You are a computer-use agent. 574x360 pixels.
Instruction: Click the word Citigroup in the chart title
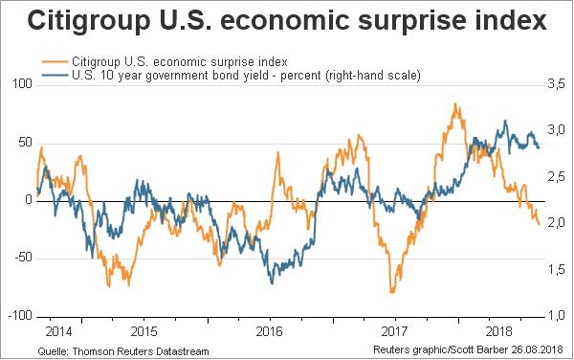(x=89, y=21)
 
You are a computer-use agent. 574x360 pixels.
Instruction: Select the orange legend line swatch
(x=55, y=61)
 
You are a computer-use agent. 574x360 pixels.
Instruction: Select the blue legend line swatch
(x=55, y=75)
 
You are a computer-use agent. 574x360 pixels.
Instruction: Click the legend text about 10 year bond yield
(x=246, y=76)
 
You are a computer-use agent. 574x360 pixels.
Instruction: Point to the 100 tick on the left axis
(x=23, y=84)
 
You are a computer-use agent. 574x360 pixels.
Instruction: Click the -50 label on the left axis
(x=24, y=258)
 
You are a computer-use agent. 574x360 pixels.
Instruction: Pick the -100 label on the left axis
(x=20, y=316)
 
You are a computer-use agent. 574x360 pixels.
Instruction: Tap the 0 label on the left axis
(x=29, y=200)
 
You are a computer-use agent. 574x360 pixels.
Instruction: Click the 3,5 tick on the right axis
(x=556, y=84)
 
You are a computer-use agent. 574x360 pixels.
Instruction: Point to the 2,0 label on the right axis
(x=556, y=223)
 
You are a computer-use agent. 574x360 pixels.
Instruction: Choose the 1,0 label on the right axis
(x=556, y=316)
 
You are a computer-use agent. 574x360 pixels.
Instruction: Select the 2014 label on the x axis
(x=58, y=331)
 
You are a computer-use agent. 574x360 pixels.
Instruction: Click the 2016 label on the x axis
(x=269, y=331)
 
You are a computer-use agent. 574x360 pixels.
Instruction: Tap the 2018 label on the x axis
(x=498, y=331)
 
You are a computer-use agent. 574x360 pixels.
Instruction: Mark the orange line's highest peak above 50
(x=455, y=104)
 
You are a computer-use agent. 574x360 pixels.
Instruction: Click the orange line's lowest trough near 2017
(x=392, y=292)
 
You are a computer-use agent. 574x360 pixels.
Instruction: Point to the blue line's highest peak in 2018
(x=505, y=121)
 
